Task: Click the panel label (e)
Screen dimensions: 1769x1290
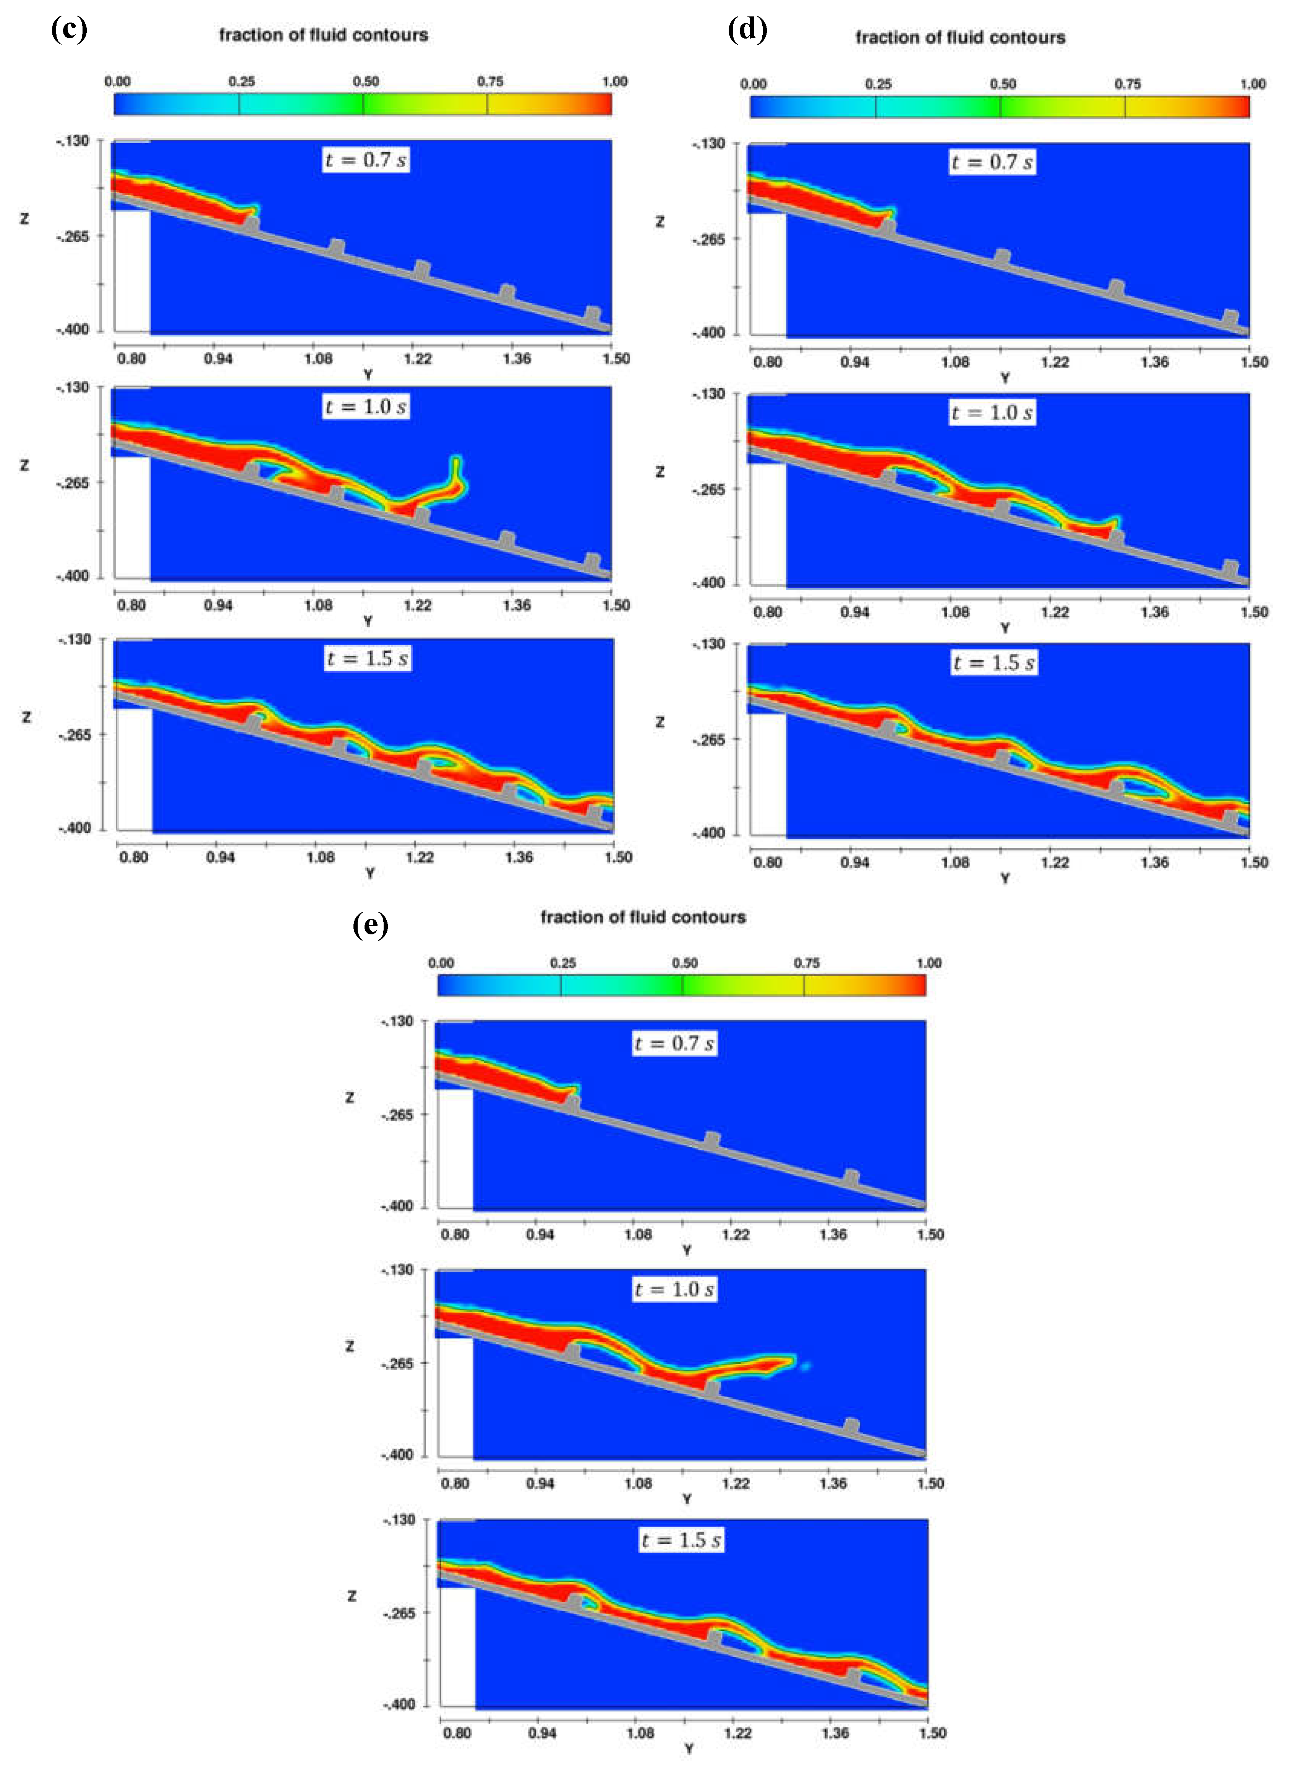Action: click(370, 925)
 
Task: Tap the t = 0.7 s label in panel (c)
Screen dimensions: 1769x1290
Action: click(366, 160)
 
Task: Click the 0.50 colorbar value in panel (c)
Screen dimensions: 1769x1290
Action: click(365, 81)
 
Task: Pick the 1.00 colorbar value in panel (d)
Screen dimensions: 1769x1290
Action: click(1253, 84)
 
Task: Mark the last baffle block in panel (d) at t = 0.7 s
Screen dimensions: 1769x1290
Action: click(1231, 317)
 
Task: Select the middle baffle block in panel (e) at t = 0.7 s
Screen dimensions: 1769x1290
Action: click(711, 1140)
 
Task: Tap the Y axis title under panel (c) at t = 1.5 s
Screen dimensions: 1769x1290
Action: click(370, 873)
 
